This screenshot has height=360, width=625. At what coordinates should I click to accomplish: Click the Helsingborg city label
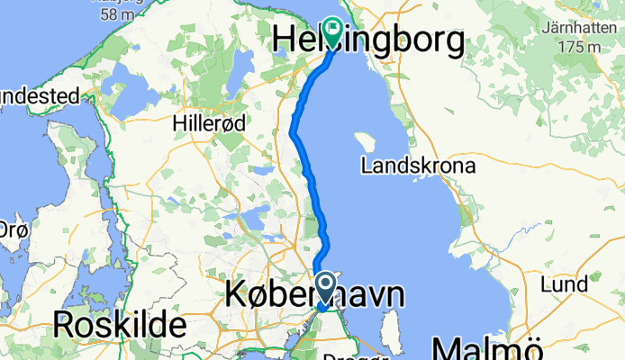(x=369, y=40)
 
